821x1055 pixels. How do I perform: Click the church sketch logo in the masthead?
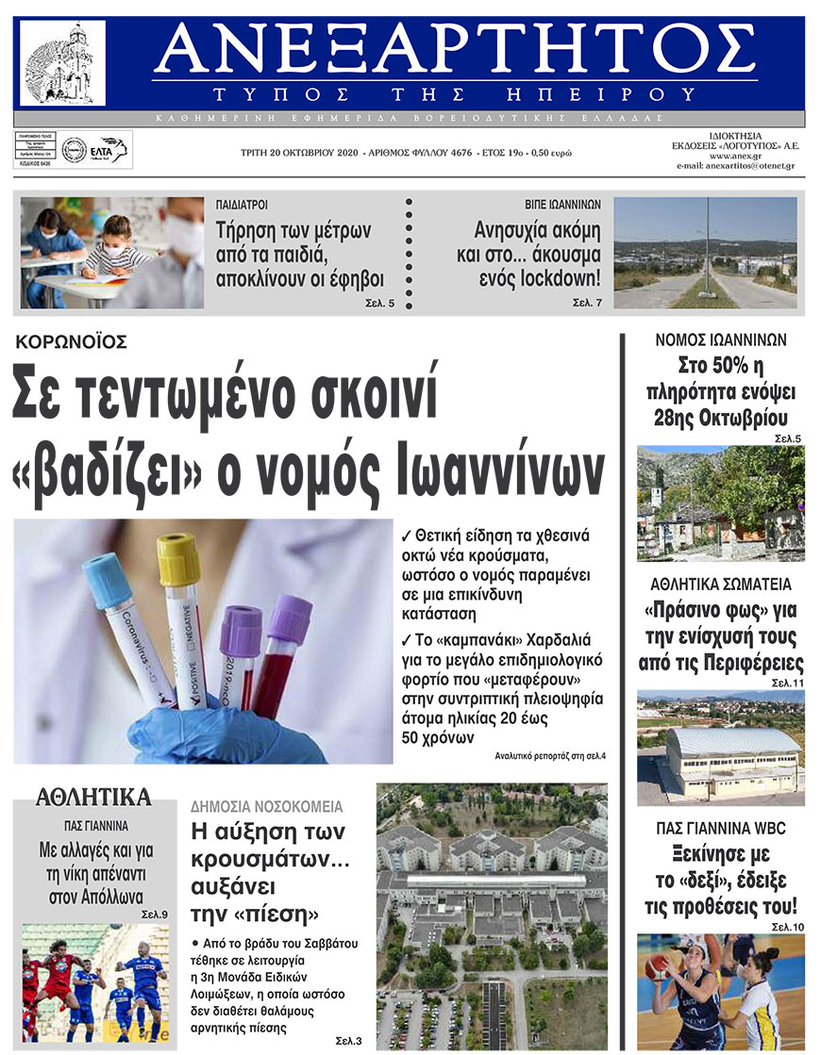[63, 63]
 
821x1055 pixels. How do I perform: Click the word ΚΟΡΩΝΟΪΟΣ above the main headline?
[71, 342]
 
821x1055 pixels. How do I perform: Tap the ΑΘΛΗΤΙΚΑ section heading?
[92, 798]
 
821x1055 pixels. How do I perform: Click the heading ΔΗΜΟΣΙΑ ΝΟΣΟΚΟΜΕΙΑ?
[266, 807]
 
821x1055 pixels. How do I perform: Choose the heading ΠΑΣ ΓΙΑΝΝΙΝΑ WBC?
[721, 829]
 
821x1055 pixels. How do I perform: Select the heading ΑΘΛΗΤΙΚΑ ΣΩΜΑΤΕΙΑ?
[721, 585]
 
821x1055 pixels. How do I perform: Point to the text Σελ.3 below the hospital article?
[348, 1041]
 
